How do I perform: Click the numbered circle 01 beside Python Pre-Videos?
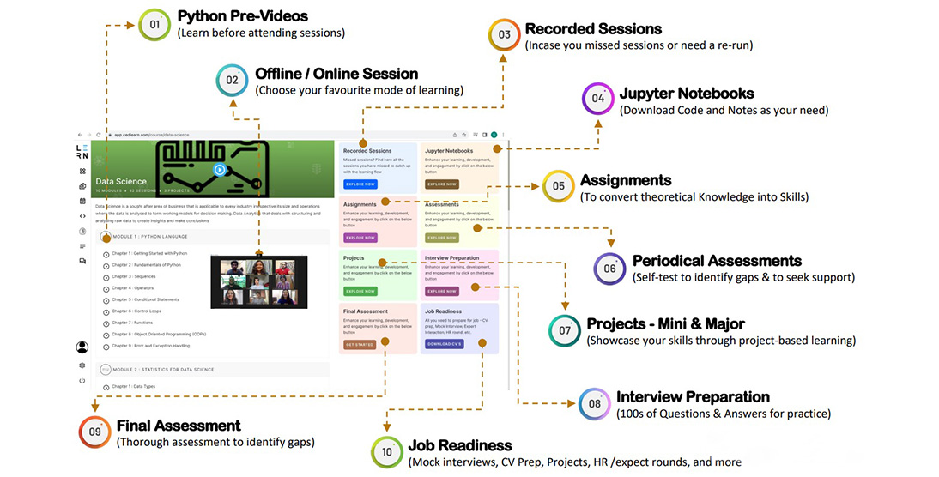point(154,24)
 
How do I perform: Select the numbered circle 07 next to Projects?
point(565,330)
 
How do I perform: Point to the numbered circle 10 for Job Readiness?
point(387,452)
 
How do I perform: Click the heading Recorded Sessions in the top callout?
point(593,29)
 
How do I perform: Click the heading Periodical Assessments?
point(717,261)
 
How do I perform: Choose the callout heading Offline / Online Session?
point(336,74)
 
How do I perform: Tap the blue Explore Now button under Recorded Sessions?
point(360,184)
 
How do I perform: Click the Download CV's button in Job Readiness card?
point(444,344)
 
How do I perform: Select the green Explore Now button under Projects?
point(360,291)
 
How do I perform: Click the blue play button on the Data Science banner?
point(220,170)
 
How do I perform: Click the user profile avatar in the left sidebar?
point(82,347)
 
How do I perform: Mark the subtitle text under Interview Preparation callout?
point(723,414)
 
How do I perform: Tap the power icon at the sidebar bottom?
point(82,380)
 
